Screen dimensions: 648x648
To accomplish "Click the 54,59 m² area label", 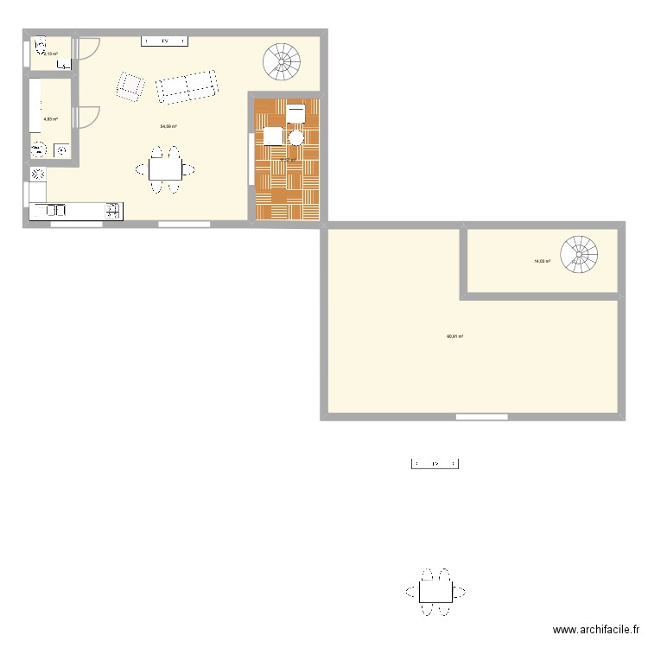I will (168, 126).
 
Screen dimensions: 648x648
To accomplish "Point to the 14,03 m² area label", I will (542, 260).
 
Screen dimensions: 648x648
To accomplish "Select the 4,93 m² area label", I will (50, 118).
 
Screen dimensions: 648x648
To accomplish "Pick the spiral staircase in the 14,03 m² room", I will (579, 254).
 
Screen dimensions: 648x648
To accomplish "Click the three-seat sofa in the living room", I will (186, 87).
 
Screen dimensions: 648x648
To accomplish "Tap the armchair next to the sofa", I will (130, 86).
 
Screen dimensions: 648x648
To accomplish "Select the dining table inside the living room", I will (165, 169).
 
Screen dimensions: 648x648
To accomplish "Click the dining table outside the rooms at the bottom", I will (435, 592).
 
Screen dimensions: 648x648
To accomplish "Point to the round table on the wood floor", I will (296, 137).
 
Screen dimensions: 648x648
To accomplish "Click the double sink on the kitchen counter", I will (54, 210).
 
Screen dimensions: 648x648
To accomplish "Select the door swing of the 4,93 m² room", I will (88, 117).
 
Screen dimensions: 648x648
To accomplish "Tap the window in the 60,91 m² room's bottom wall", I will (480, 417).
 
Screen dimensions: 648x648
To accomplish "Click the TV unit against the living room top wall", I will (165, 41).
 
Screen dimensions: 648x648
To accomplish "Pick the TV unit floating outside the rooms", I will (435, 464).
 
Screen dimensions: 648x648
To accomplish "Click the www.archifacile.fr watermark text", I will (596, 631).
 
